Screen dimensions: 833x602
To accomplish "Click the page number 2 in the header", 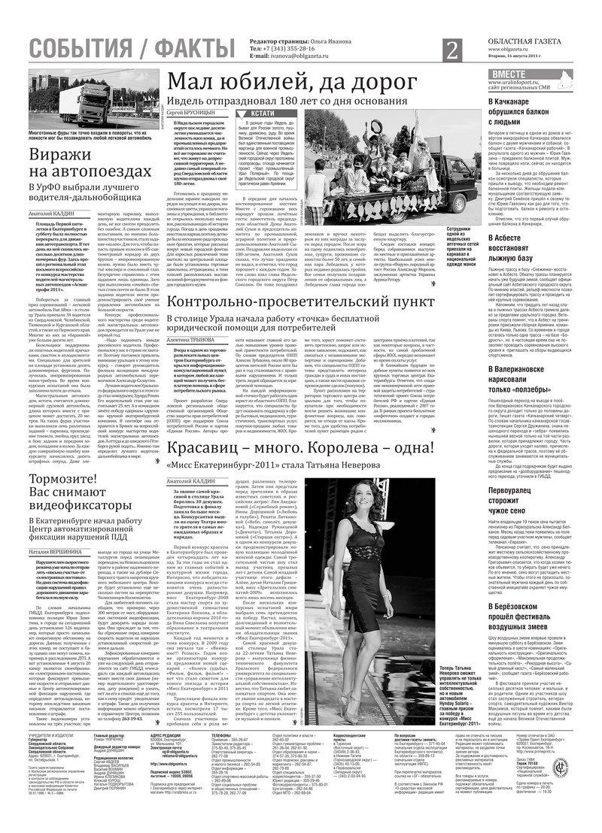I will click(452, 50).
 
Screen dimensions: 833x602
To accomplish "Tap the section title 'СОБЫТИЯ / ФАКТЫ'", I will click(130, 49).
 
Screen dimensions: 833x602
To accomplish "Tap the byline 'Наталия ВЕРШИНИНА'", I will click(58, 552).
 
